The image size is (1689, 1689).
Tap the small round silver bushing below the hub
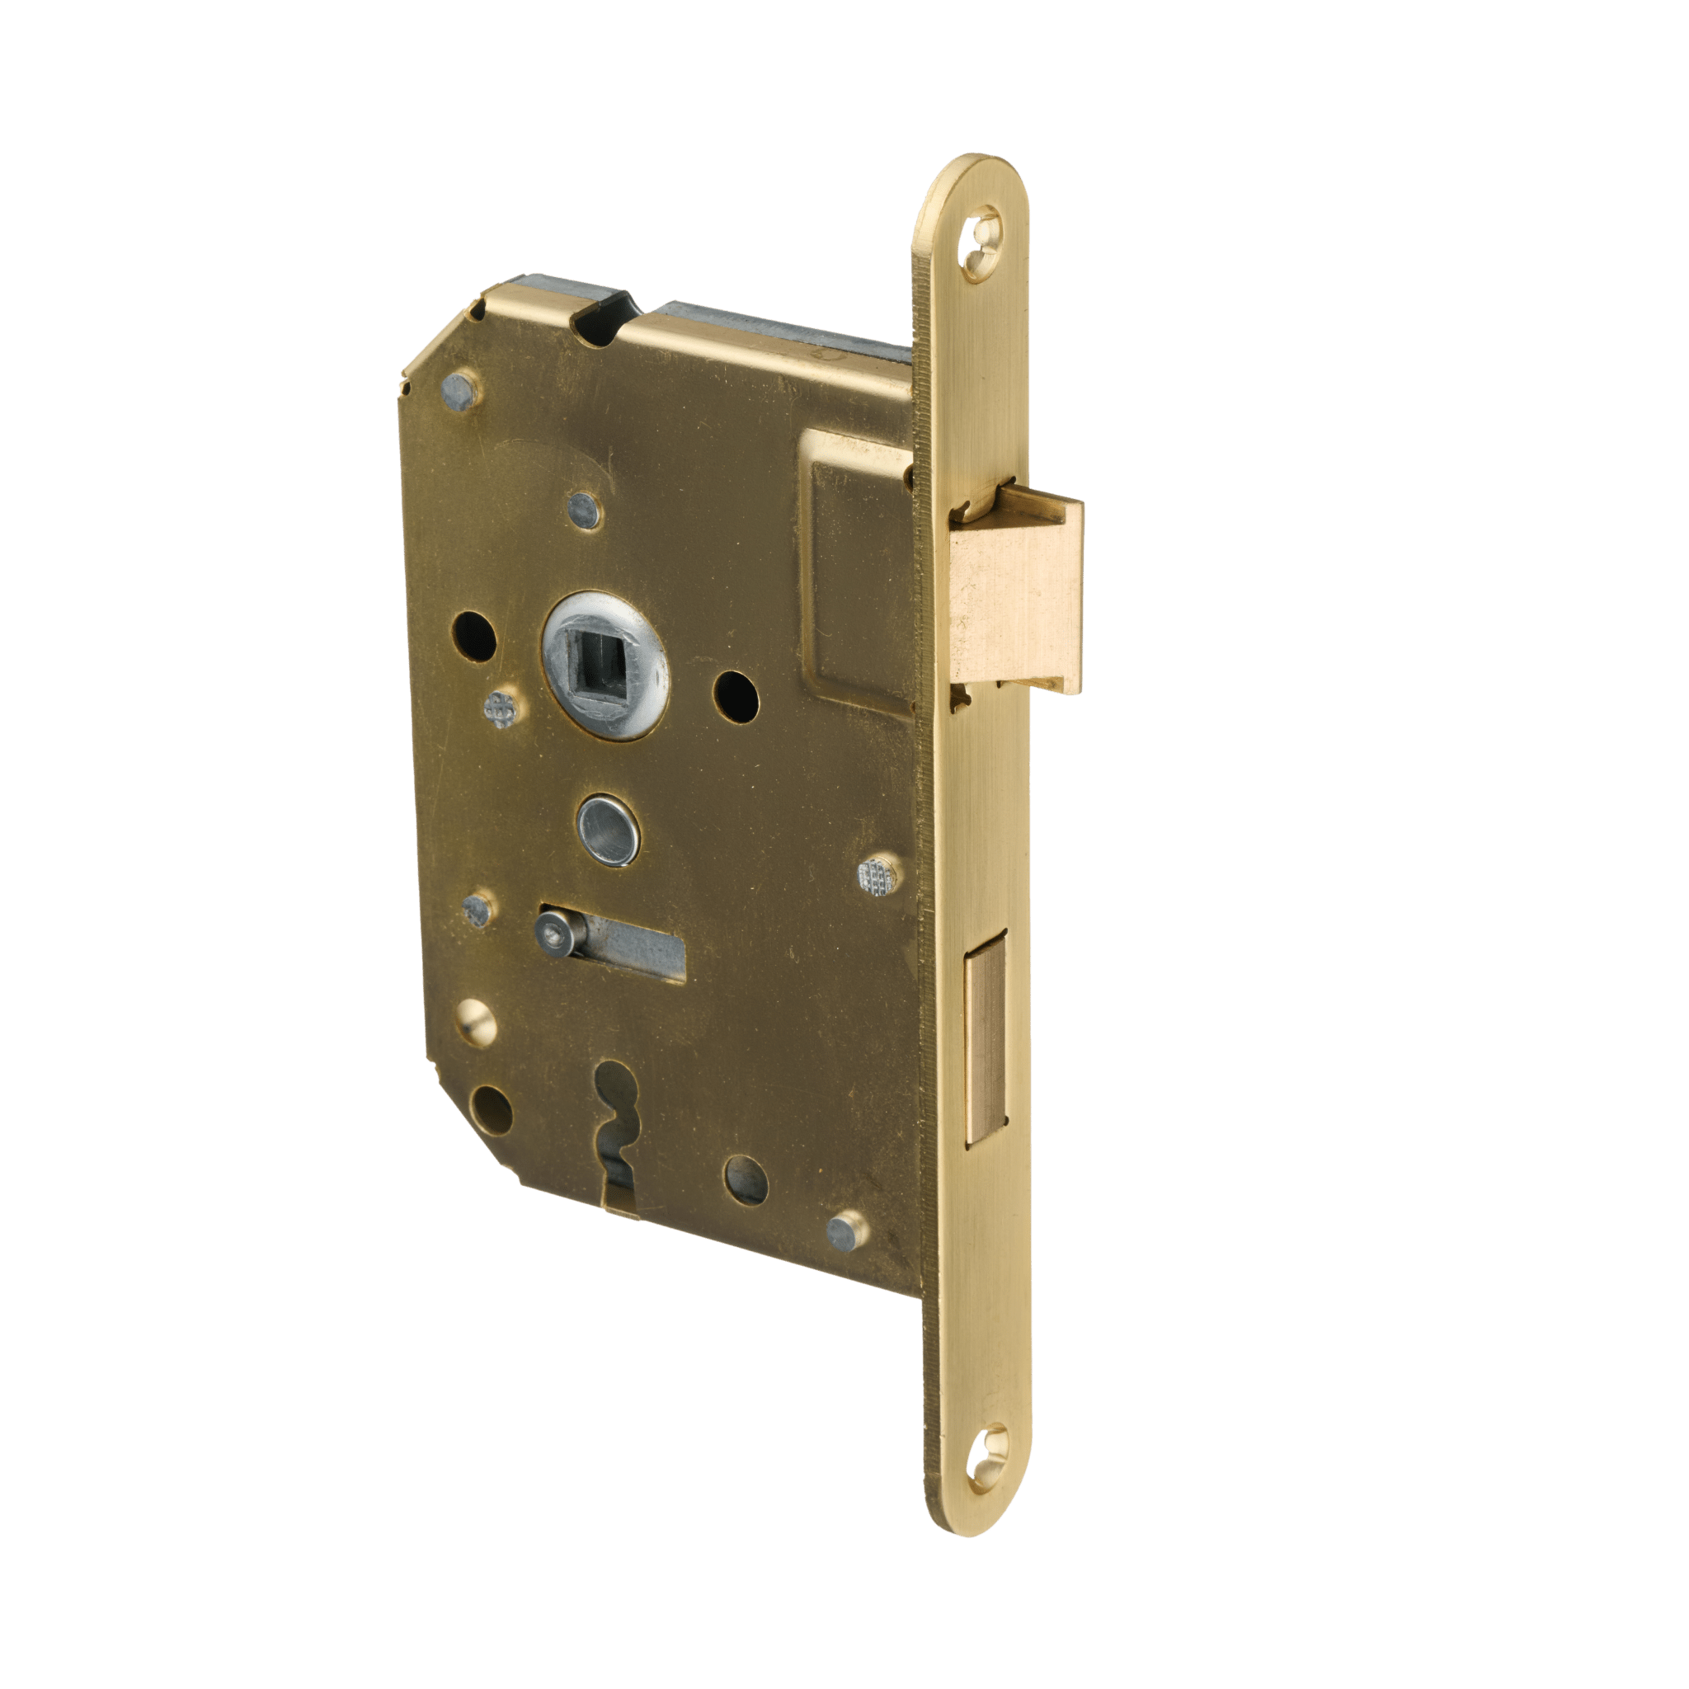coord(606,827)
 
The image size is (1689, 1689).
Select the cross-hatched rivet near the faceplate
coord(878,874)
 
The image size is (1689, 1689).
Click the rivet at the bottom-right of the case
coord(844,1232)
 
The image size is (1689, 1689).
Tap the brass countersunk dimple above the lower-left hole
coord(478,1021)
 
